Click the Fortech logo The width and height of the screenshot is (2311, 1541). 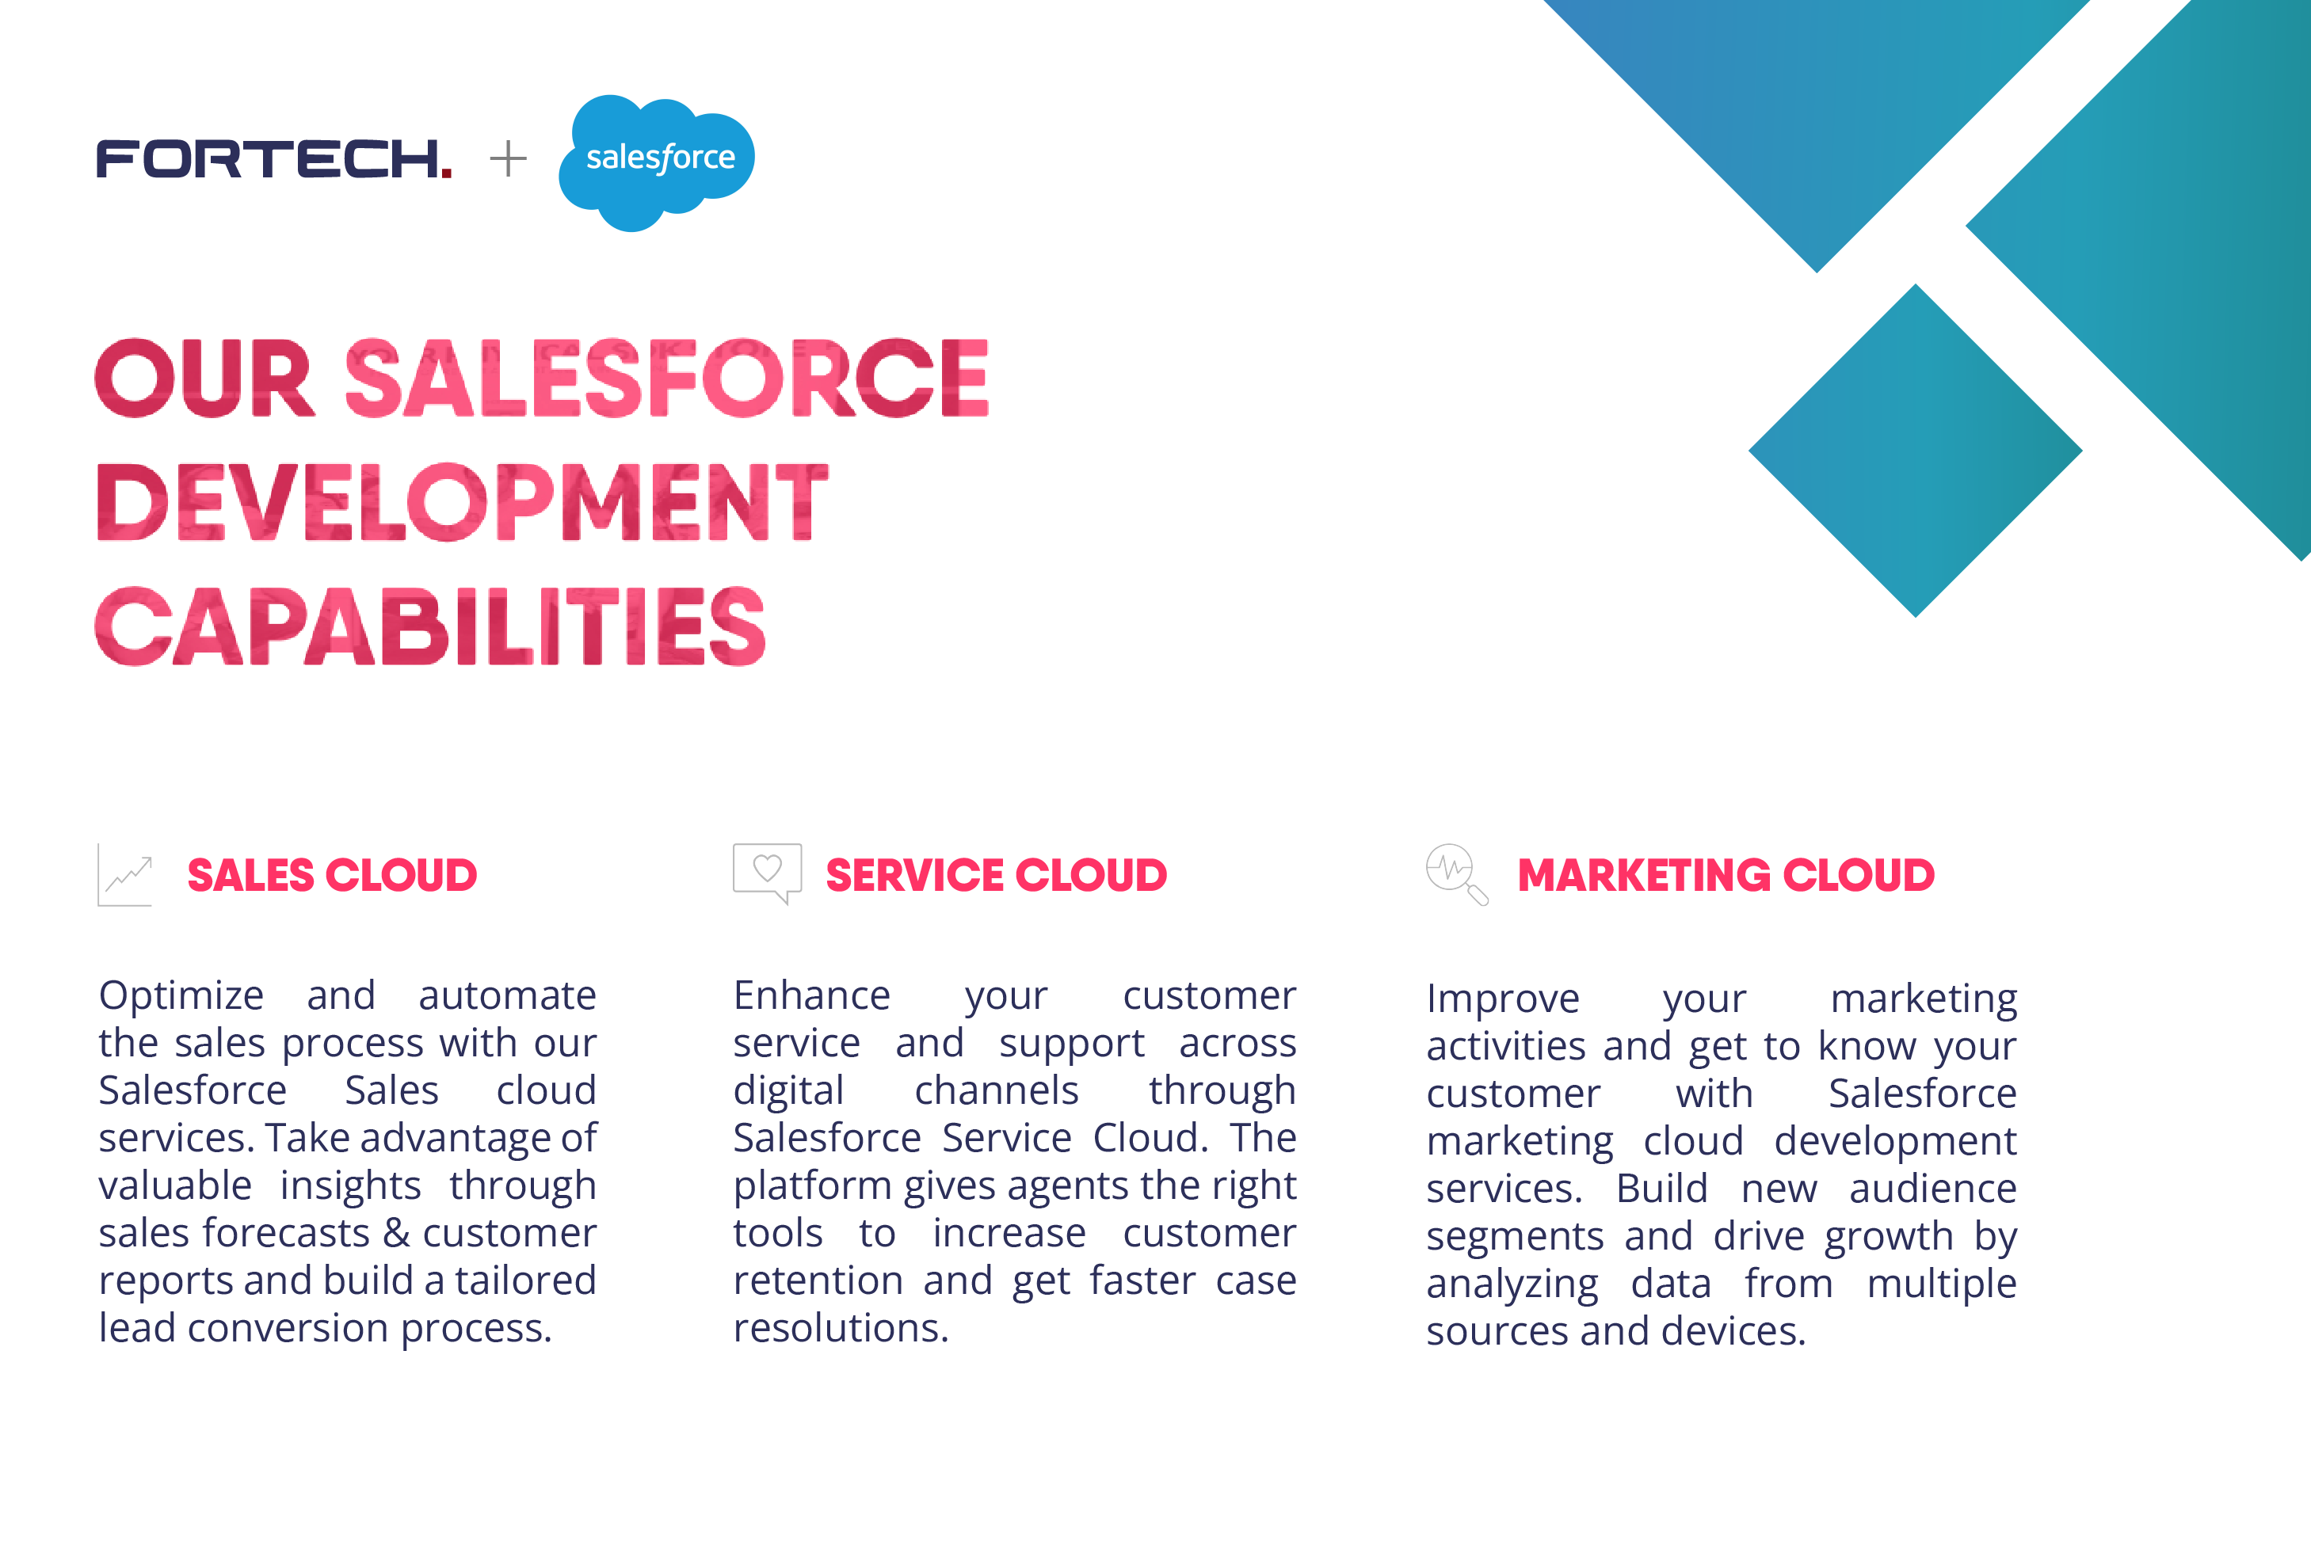(273, 159)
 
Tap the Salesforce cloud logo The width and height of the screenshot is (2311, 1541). (656, 162)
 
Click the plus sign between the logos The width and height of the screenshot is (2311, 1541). (508, 158)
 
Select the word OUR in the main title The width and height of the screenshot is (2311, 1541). (204, 379)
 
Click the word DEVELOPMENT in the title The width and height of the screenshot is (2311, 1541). (462, 502)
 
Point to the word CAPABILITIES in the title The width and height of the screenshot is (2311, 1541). (430, 626)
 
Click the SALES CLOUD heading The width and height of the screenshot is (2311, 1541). (332, 876)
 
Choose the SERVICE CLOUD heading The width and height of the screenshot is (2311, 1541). (996, 876)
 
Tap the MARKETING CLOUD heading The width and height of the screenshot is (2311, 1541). (1726, 876)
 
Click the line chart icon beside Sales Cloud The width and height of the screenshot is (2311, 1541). (126, 875)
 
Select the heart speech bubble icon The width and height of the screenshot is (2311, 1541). (767, 873)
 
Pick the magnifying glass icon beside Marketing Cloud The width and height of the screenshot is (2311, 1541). (1457, 873)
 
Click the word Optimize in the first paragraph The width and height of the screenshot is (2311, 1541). (181, 995)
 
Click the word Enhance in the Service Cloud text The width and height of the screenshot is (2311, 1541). (812, 995)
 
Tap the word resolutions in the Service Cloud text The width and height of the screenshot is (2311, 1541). (841, 1329)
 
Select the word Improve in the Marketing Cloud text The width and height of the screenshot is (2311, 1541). (1503, 999)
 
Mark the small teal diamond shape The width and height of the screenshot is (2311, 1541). (1915, 451)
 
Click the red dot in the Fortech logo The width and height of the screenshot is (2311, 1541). (446, 172)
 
